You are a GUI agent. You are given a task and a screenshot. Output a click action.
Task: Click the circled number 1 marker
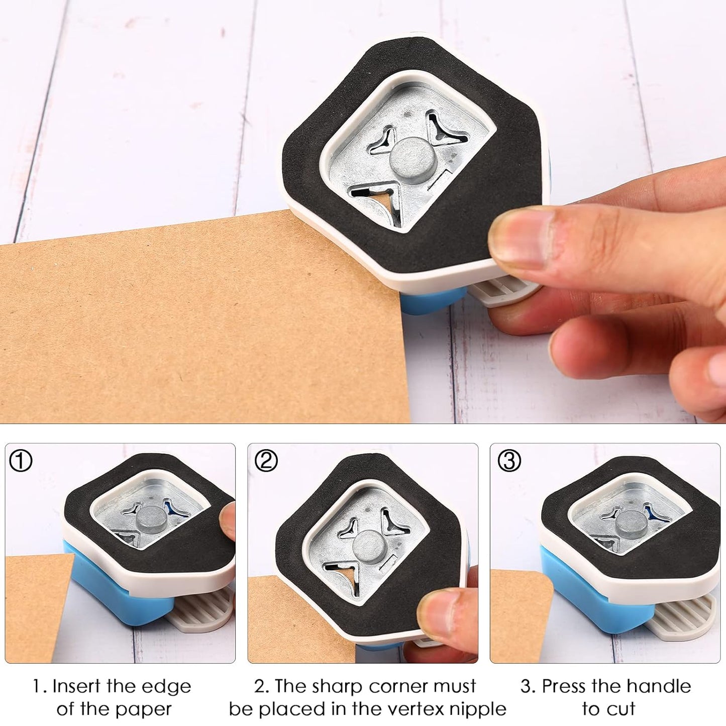[21, 461]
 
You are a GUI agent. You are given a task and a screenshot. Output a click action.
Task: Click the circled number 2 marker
[266, 461]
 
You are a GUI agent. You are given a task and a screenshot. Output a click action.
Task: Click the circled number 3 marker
[509, 461]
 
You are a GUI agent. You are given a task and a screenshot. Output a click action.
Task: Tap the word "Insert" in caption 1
[77, 686]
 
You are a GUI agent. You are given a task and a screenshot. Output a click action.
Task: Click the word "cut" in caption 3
[623, 709]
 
